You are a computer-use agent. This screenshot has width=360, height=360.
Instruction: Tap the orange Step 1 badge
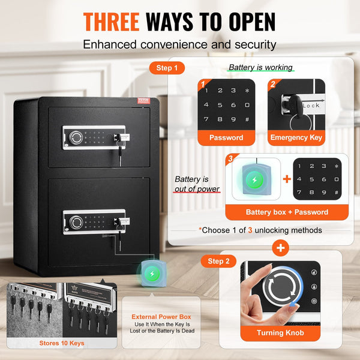(167, 68)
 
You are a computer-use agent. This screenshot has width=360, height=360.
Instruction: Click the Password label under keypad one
(226, 137)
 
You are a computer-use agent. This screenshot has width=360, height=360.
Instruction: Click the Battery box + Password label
(286, 212)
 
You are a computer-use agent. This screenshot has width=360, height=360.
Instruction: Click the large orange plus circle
(279, 246)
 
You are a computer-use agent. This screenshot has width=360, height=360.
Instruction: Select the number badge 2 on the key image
(272, 85)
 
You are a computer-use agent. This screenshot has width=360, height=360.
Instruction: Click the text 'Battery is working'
(260, 68)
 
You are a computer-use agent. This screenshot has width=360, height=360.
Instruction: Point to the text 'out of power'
(197, 189)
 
